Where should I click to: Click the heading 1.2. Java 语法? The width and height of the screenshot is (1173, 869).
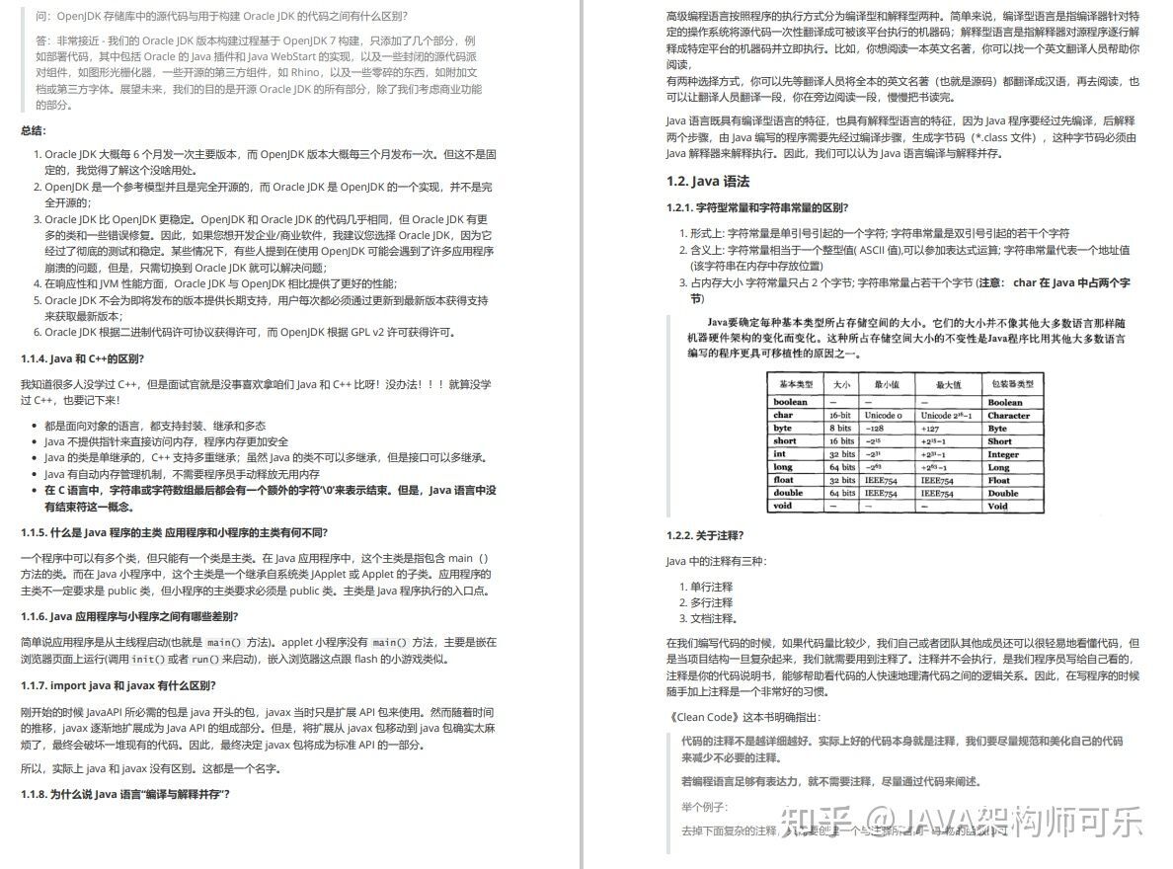tap(708, 181)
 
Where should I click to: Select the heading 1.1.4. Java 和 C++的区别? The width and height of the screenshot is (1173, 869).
tap(82, 357)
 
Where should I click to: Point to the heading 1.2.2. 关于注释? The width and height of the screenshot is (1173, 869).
tap(705, 535)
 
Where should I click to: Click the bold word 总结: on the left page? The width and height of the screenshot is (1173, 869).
tap(34, 130)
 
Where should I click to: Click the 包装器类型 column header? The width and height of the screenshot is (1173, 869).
tap(1010, 383)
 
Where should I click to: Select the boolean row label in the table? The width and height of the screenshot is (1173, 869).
tap(790, 402)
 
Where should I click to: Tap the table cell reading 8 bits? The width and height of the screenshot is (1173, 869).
tap(840, 429)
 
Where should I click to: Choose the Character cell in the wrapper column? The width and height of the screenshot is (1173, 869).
tap(1008, 416)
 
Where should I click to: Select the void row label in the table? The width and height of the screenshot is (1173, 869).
tap(782, 506)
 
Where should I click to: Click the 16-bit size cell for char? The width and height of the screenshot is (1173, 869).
tap(840, 416)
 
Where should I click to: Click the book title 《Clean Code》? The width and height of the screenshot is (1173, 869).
tap(705, 717)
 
